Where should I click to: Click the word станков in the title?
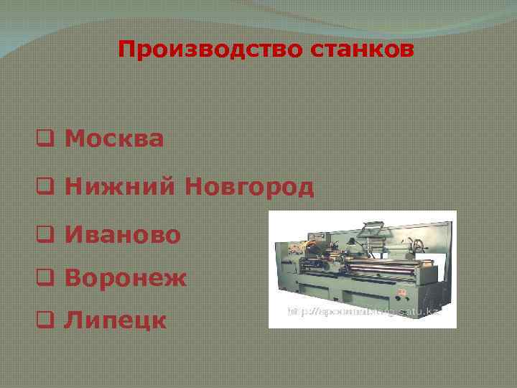pos(365,50)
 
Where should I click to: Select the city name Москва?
pos(114,138)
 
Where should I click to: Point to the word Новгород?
pos(249,187)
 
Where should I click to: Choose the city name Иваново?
pos(123,234)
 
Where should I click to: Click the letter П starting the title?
pos(128,50)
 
